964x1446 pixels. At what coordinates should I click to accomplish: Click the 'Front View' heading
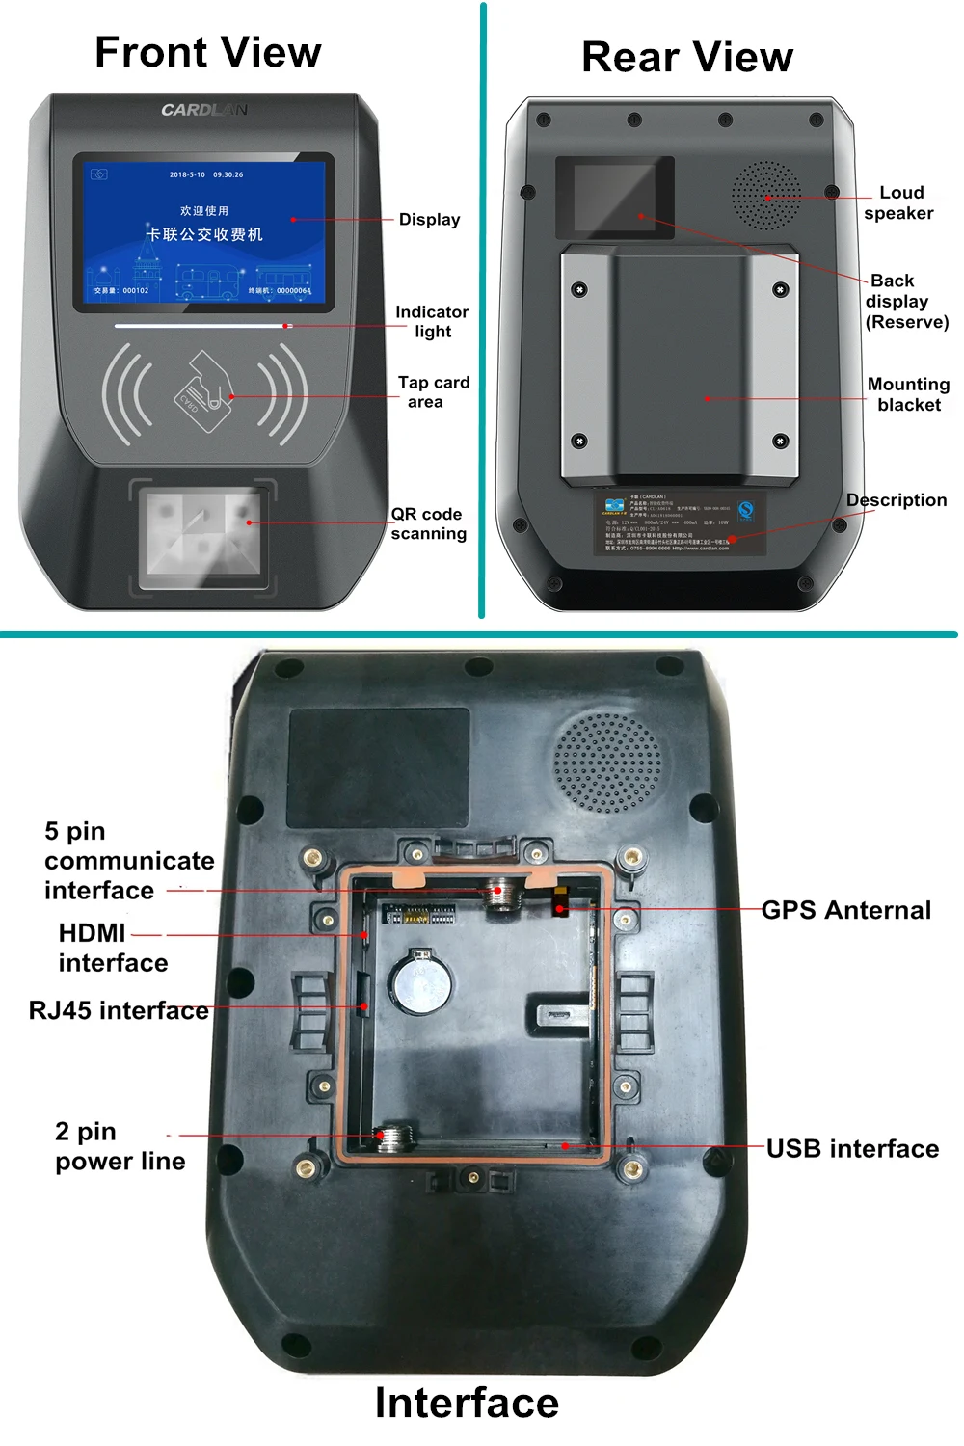(207, 52)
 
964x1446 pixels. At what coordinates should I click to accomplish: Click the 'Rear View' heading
(687, 57)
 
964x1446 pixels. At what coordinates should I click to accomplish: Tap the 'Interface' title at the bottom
(467, 1403)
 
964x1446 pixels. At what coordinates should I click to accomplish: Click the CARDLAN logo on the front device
(203, 110)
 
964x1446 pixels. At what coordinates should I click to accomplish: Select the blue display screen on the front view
(203, 231)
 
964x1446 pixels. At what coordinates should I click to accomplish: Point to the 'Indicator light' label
(432, 322)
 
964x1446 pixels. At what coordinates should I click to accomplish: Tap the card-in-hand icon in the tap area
(204, 390)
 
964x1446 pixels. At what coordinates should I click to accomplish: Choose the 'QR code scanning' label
(428, 523)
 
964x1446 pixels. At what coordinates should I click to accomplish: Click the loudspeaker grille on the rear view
(766, 196)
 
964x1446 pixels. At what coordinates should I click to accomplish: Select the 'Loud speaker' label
(898, 202)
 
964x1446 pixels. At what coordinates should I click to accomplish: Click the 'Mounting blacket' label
(908, 394)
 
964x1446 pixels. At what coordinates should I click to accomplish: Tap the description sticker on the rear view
(680, 523)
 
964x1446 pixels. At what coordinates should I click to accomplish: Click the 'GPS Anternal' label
(846, 910)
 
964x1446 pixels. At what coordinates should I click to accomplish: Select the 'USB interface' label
(852, 1148)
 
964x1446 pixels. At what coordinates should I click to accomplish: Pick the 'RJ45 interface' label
(119, 1010)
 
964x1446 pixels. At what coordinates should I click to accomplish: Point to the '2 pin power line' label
(120, 1146)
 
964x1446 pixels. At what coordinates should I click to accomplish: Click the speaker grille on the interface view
(608, 763)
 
